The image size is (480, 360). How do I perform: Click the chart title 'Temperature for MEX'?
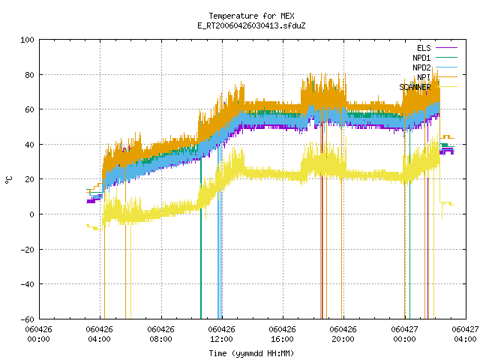(x=251, y=16)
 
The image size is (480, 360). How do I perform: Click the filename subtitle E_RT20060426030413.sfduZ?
(x=251, y=25)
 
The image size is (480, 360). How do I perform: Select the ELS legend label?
(x=424, y=48)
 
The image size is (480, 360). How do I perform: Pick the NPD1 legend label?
(x=421, y=58)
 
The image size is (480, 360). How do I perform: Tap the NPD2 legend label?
(x=421, y=67)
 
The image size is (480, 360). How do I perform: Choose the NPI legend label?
(x=424, y=77)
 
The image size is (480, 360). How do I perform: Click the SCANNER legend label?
(x=415, y=87)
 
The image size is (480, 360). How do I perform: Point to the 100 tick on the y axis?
(x=27, y=40)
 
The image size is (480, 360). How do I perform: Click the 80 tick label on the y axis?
(x=29, y=75)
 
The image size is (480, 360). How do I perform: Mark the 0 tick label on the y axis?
(x=31, y=214)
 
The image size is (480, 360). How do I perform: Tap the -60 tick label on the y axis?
(x=27, y=319)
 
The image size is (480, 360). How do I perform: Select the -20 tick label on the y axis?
(x=27, y=250)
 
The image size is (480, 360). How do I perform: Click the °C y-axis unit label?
(x=8, y=180)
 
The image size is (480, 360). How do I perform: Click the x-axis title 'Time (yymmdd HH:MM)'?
(x=251, y=353)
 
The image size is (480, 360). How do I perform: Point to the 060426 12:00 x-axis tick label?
(x=221, y=334)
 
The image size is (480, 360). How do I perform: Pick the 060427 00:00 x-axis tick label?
(x=404, y=334)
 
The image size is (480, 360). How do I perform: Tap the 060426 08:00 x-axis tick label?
(x=160, y=334)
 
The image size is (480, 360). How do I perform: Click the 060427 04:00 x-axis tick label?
(x=465, y=334)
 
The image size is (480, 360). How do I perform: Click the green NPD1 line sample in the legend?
(x=446, y=57)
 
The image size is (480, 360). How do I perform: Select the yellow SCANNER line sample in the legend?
(x=446, y=87)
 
